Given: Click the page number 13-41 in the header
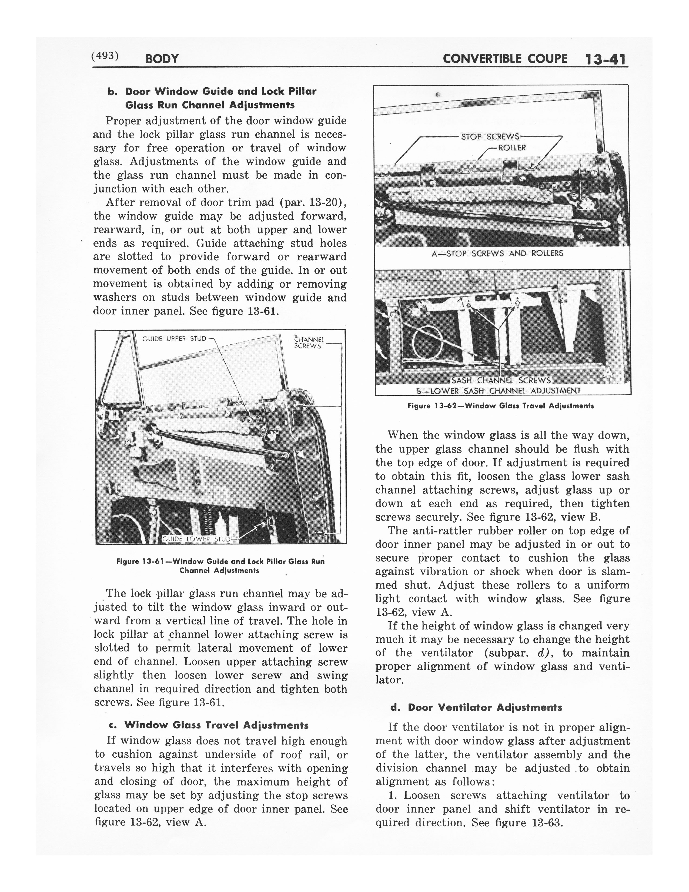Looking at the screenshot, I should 606,60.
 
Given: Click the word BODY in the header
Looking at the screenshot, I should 162,59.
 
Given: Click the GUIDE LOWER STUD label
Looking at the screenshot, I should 197,539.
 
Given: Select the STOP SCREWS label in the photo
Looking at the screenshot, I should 490,137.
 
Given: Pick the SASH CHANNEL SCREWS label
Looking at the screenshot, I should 501,381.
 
